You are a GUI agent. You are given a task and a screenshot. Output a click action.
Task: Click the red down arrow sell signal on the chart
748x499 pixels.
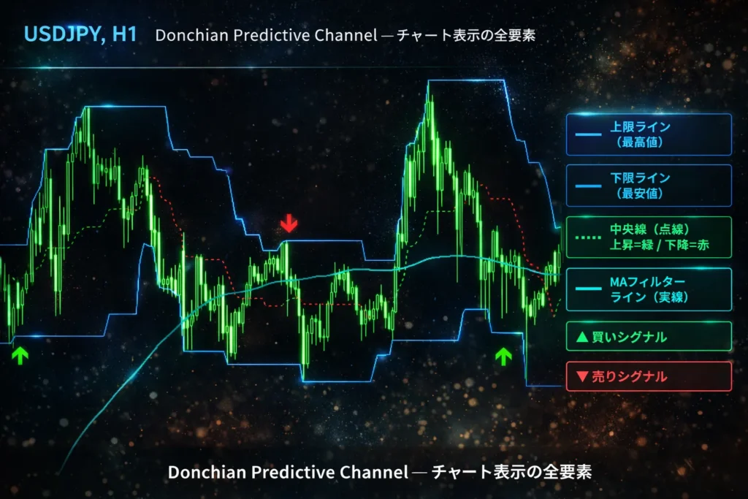(x=289, y=224)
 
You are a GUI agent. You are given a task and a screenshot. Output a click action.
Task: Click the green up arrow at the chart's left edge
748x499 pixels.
(x=20, y=355)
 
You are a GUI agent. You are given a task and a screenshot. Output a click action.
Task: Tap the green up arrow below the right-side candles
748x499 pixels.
(x=503, y=357)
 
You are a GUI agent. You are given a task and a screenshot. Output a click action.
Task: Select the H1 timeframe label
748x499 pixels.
(x=124, y=34)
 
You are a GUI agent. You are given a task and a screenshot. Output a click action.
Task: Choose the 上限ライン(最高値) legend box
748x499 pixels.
(x=649, y=134)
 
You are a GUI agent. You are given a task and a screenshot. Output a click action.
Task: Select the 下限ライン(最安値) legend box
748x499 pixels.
(x=649, y=186)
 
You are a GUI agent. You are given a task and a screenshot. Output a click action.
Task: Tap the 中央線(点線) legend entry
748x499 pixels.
(x=649, y=237)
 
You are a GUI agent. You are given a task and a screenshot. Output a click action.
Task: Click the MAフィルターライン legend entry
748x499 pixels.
(x=649, y=289)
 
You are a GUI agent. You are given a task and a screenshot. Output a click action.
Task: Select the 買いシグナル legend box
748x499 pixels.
(x=649, y=337)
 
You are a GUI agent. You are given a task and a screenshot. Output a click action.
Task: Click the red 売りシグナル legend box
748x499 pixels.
(x=649, y=376)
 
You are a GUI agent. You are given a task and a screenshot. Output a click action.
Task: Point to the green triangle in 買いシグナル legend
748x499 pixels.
(x=582, y=337)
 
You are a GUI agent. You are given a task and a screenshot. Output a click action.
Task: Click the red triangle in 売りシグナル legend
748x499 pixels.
(x=582, y=377)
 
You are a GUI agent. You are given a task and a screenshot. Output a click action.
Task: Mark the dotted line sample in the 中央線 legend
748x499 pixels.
(x=588, y=237)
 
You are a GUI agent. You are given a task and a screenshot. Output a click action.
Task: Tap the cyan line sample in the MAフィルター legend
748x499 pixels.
(x=588, y=289)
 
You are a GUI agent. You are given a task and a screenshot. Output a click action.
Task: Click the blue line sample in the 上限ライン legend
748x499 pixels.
(x=588, y=134)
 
